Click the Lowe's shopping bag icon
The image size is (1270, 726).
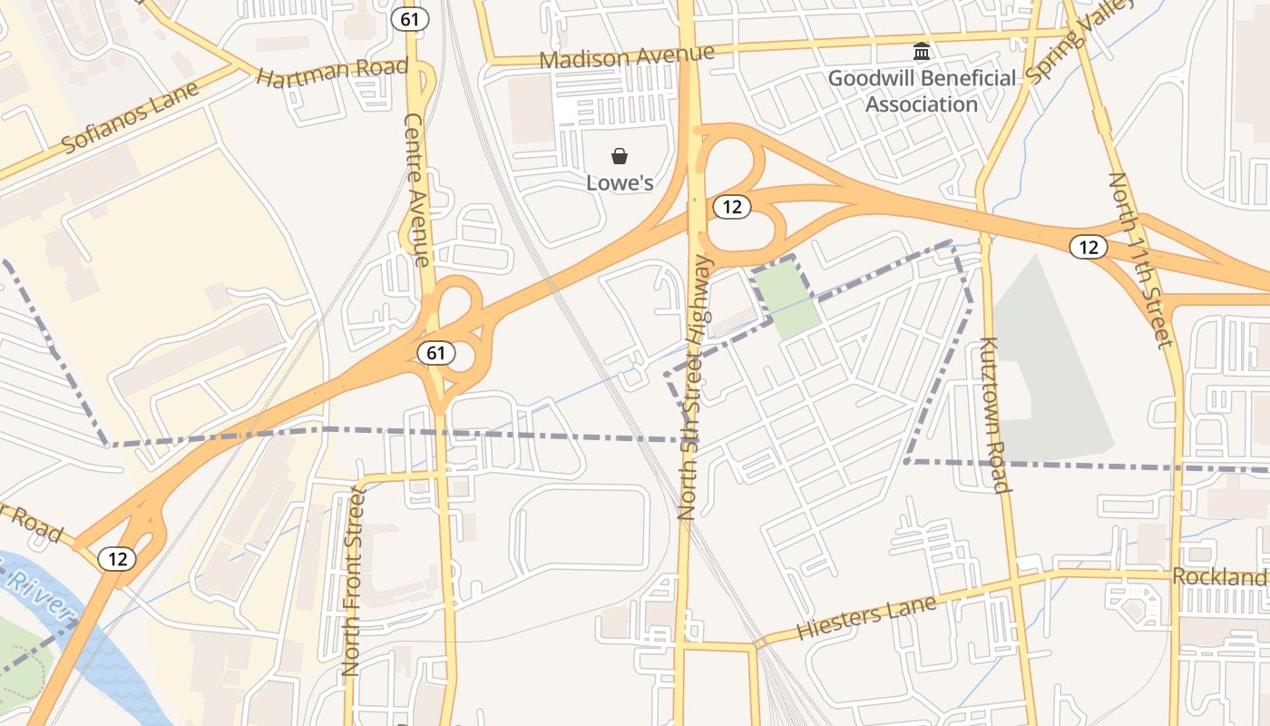point(620,157)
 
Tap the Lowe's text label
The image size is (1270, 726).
point(620,182)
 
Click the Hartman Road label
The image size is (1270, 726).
point(332,72)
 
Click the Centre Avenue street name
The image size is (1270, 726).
point(415,190)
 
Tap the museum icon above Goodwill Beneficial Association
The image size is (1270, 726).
point(922,52)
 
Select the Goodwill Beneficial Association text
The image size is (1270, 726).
point(922,91)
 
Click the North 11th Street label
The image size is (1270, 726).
point(1139,260)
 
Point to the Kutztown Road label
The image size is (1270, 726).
point(994,415)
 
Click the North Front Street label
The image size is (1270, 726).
point(352,581)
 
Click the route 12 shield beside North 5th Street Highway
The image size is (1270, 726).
point(731,207)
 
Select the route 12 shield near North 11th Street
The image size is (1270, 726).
point(1089,246)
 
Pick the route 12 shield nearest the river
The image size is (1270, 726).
point(118,558)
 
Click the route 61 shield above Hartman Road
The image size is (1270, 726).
point(409,17)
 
